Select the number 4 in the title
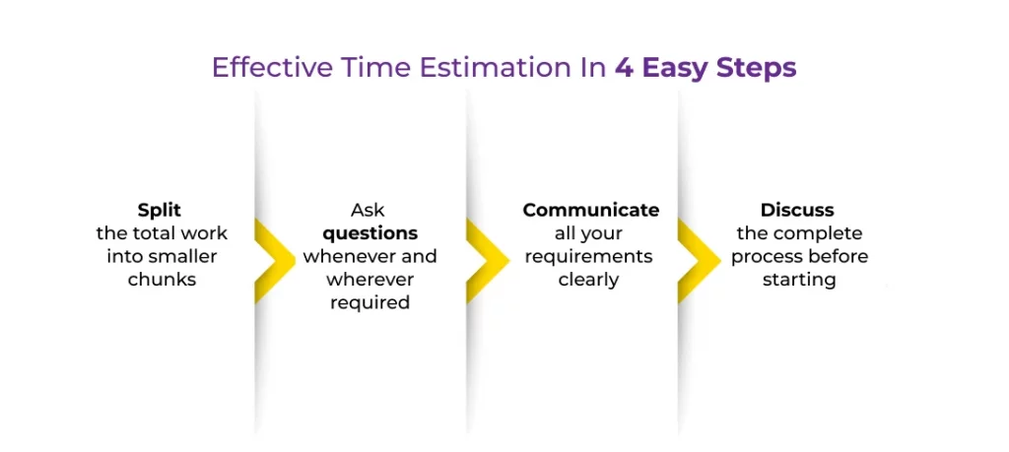(x=623, y=68)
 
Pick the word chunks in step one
(x=162, y=280)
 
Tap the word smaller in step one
(x=184, y=257)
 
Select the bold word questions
(x=370, y=234)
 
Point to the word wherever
(x=370, y=280)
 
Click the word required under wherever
(x=370, y=303)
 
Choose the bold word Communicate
(x=591, y=211)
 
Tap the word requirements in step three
(x=589, y=257)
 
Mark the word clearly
(x=589, y=281)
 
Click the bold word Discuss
(x=797, y=211)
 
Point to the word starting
(x=799, y=281)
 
